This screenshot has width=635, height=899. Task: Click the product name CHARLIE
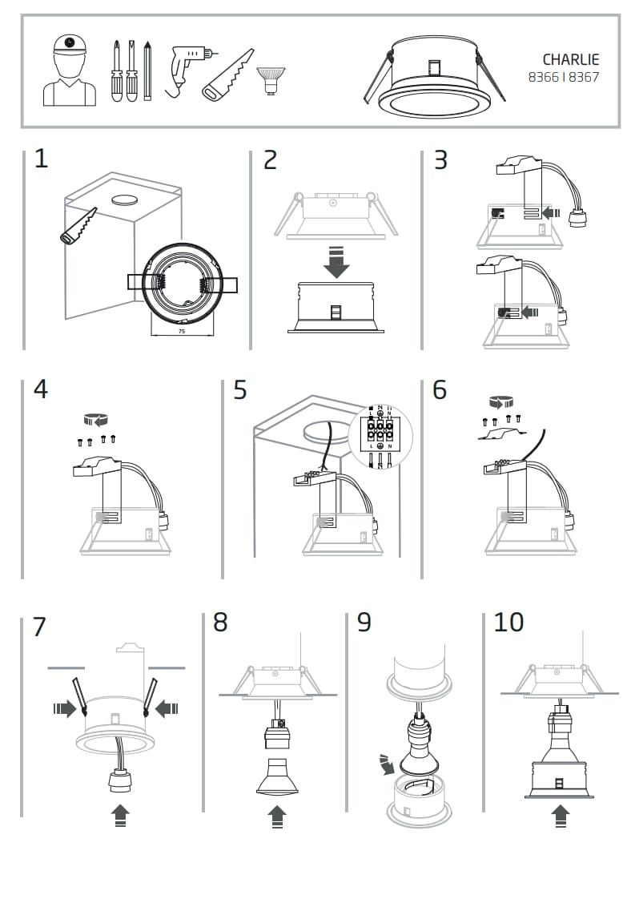coord(570,59)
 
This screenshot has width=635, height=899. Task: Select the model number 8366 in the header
coord(543,78)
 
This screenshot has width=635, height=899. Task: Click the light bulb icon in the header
coord(270,80)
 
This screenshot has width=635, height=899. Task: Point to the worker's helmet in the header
coord(70,45)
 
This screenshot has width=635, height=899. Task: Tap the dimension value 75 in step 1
coord(181,330)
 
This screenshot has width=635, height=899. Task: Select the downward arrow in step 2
coord(336,263)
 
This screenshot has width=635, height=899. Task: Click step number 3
coord(440,160)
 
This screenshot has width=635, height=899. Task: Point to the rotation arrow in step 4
coord(97,419)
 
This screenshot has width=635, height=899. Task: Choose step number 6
coord(440,389)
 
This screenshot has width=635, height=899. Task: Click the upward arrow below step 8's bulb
coord(276,816)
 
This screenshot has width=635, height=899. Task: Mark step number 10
coord(508,622)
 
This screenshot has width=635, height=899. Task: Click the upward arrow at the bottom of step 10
coord(561,816)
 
